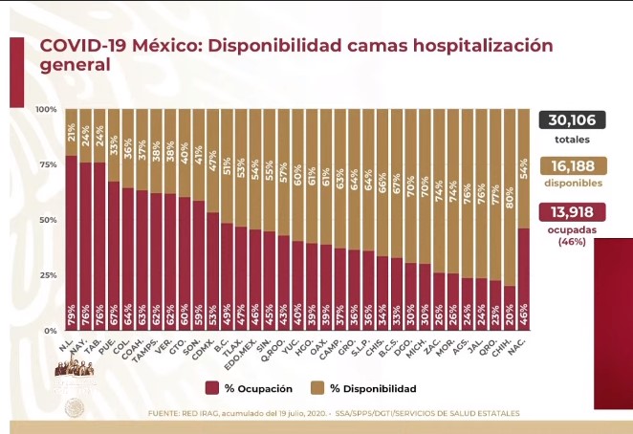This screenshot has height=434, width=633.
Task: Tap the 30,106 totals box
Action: pyautogui.click(x=574, y=119)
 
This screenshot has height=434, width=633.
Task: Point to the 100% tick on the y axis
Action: pyautogui.click(x=46, y=109)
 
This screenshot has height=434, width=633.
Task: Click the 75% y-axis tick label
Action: pyautogui.click(x=48, y=164)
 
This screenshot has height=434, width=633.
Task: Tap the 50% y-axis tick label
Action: pyautogui.click(x=48, y=220)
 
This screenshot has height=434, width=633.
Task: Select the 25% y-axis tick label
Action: pyautogui.click(x=48, y=275)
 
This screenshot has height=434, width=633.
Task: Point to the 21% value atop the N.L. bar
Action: pyautogui.click(x=72, y=131)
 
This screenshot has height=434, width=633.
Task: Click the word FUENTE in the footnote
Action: pyautogui.click(x=166, y=413)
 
